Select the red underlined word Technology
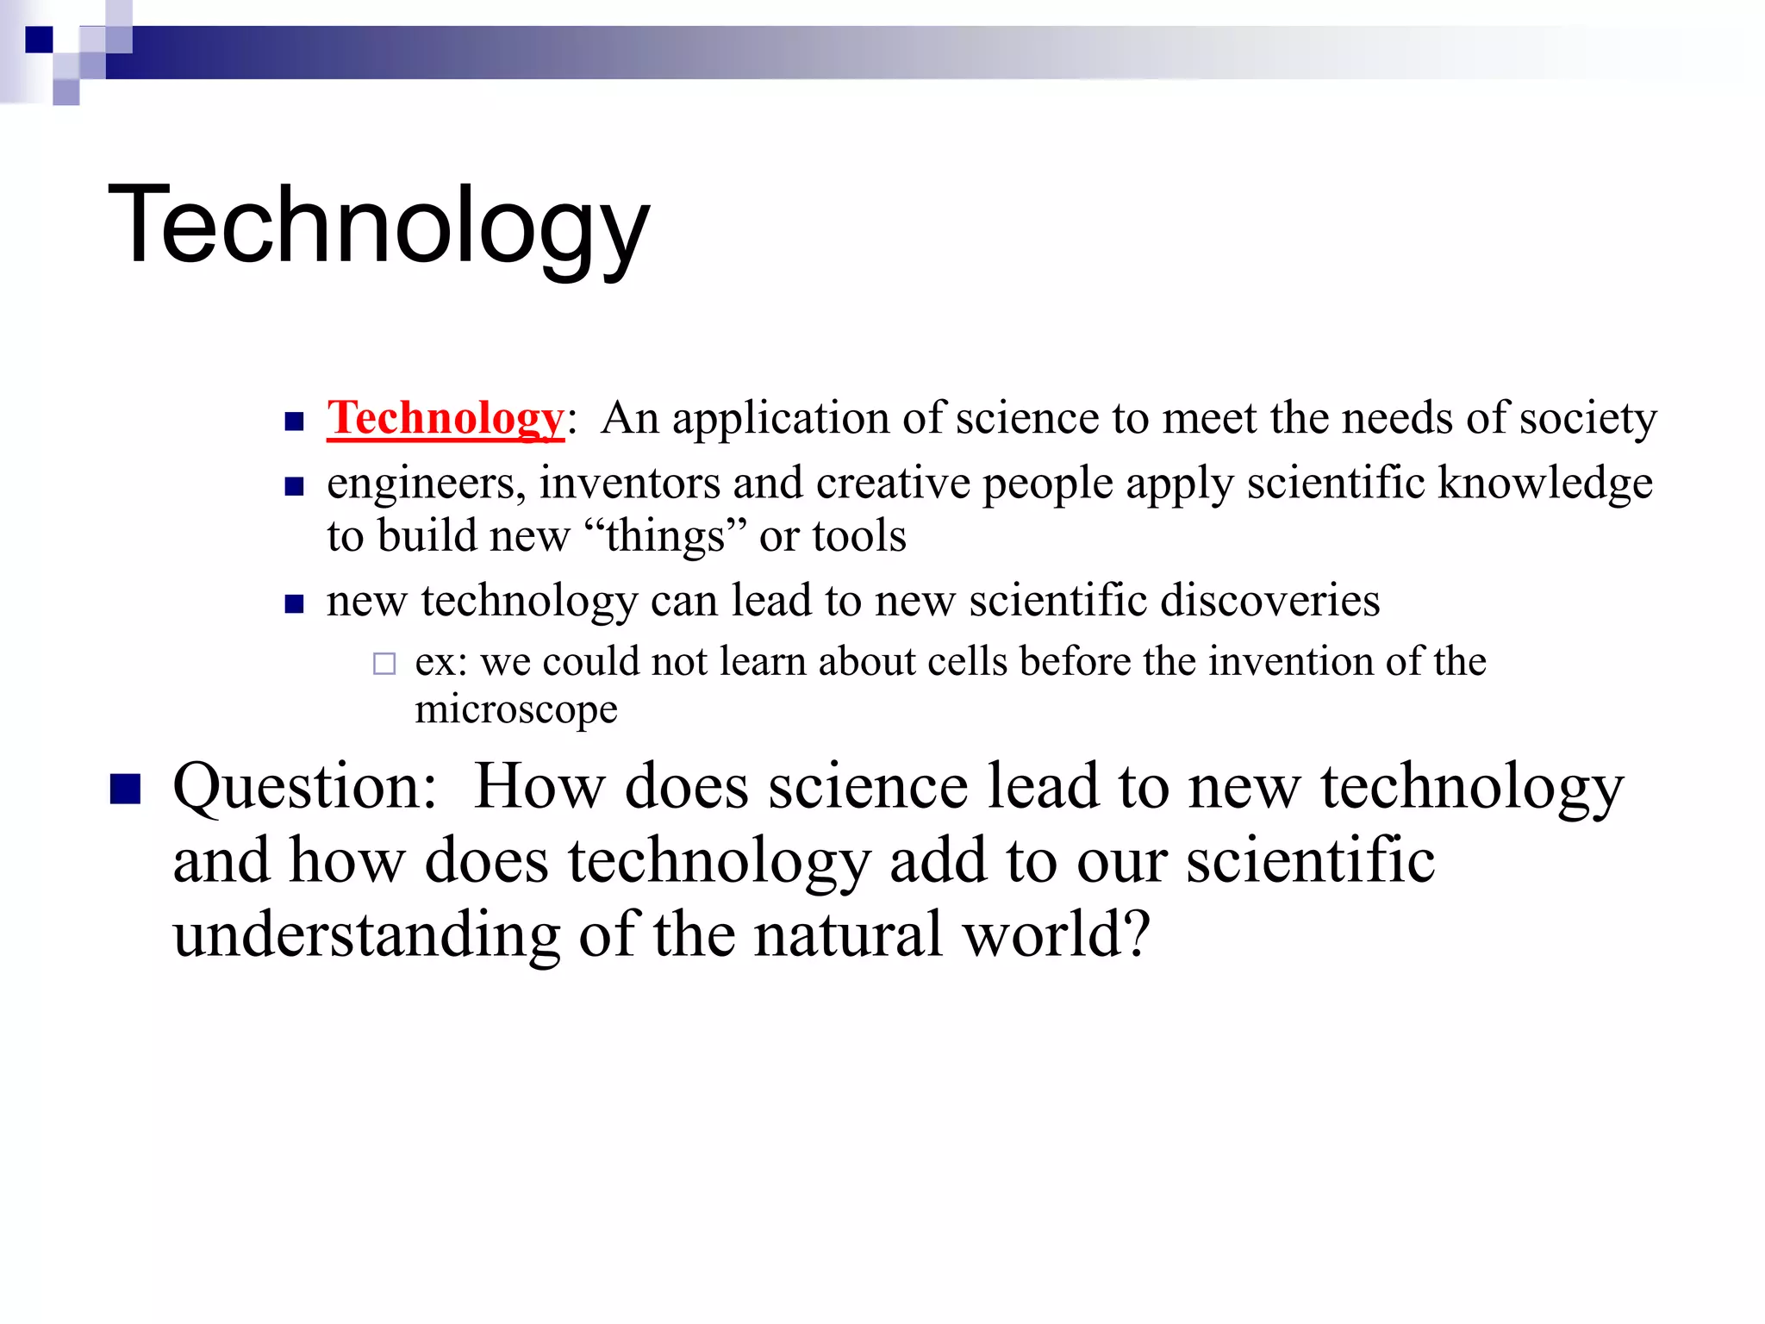click(x=445, y=419)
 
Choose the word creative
click(x=893, y=484)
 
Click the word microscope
click(x=515, y=710)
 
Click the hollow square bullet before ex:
click(x=384, y=664)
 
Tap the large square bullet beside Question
click(x=126, y=788)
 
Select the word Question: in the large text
click(x=305, y=788)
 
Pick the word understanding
click(x=366, y=936)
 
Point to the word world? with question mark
click(x=1057, y=936)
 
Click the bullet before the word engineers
click(x=295, y=487)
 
